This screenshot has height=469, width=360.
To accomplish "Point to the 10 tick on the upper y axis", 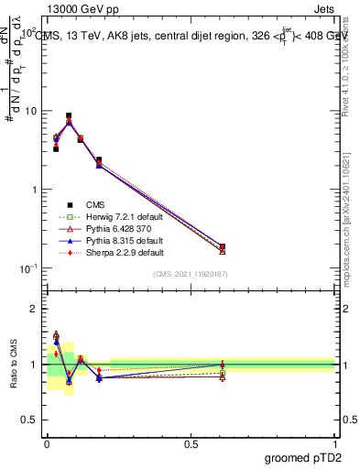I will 32,111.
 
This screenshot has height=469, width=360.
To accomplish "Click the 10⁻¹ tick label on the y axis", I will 30,268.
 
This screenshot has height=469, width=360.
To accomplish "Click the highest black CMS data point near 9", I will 69,116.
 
